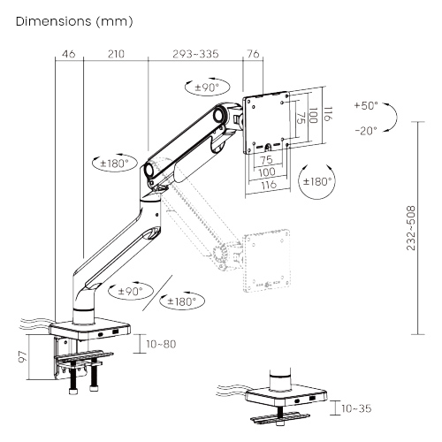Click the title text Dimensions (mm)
(x=74, y=21)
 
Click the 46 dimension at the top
(x=69, y=54)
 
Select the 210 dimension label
(x=116, y=54)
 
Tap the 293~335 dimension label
(x=195, y=54)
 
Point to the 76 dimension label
(x=253, y=54)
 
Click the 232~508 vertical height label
(x=411, y=228)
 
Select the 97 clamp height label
(x=23, y=356)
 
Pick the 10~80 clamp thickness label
(x=161, y=344)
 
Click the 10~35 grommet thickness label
(x=356, y=408)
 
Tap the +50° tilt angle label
(x=366, y=105)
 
